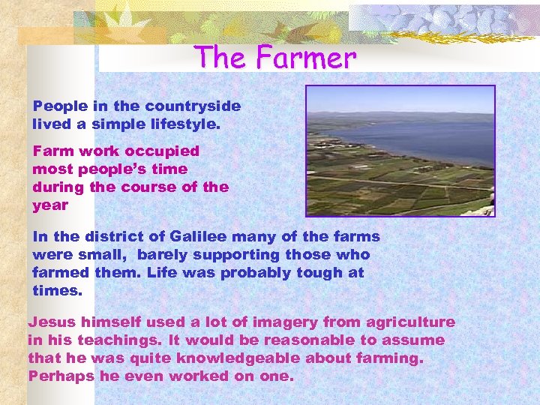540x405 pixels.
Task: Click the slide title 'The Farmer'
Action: (x=274, y=57)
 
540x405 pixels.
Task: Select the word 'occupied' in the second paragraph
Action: (x=164, y=151)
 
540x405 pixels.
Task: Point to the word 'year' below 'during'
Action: (x=50, y=205)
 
